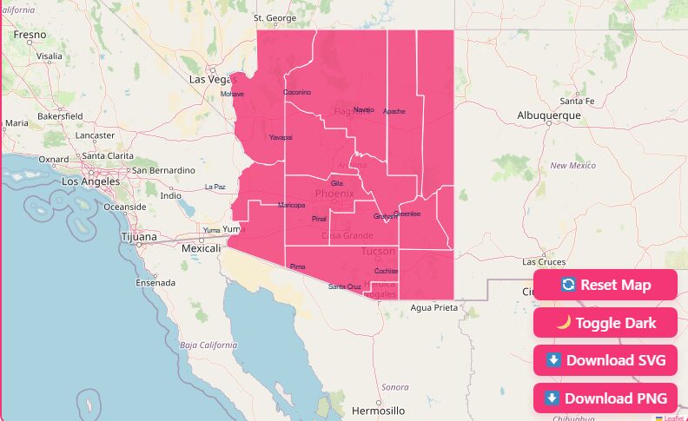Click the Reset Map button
(x=605, y=285)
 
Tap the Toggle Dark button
(x=605, y=323)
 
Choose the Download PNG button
(x=605, y=398)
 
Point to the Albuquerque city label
(x=548, y=115)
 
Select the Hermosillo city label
(x=379, y=410)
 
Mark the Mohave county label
(x=232, y=94)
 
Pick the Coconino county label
(x=297, y=92)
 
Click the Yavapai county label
(x=281, y=137)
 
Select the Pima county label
(x=298, y=266)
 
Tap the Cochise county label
(x=386, y=271)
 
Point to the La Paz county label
(x=215, y=187)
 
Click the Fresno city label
(x=30, y=35)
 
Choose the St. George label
(x=275, y=17)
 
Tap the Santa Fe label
(x=577, y=101)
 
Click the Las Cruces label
(x=544, y=261)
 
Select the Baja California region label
(x=208, y=345)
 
